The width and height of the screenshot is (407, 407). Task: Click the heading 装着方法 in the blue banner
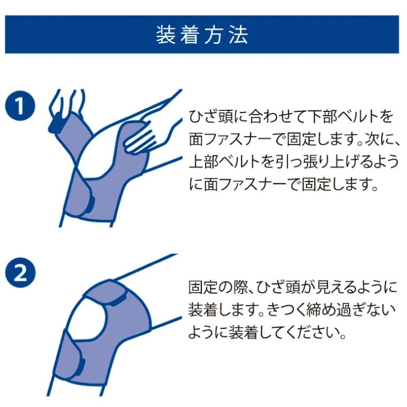click(x=202, y=34)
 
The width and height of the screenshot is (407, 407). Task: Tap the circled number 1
click(x=20, y=105)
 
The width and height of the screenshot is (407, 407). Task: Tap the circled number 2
click(x=20, y=273)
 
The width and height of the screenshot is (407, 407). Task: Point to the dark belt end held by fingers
click(x=55, y=123)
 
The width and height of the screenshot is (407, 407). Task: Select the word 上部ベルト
click(x=224, y=161)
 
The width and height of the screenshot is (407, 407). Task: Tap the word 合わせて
click(x=273, y=117)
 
